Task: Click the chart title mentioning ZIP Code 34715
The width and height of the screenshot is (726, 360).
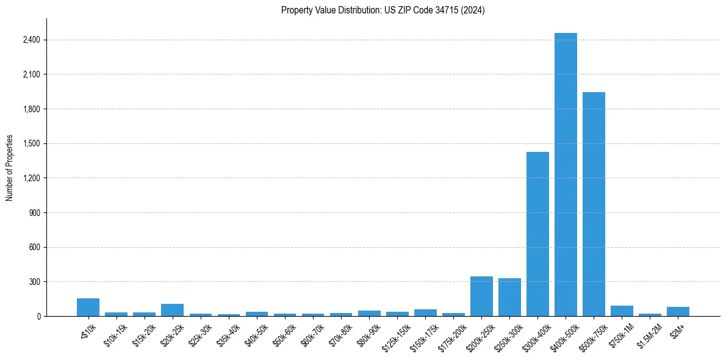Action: [383, 10]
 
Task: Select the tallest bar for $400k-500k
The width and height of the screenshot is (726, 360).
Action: [566, 175]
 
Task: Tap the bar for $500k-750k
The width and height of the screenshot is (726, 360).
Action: [594, 204]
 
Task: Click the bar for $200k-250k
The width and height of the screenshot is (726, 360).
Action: [481, 296]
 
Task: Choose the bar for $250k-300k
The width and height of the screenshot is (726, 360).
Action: [509, 297]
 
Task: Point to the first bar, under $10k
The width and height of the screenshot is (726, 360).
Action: [88, 307]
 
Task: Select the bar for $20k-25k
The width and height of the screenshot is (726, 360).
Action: [172, 310]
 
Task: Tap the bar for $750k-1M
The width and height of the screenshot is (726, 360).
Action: [622, 311]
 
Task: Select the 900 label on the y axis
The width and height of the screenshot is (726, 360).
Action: [34, 213]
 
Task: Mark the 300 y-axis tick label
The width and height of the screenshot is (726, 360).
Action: [34, 282]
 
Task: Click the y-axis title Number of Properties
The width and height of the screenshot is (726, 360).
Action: [10, 168]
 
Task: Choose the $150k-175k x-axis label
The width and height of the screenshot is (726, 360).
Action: [423, 334]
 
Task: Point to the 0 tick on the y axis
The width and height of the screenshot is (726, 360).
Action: [38, 317]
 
